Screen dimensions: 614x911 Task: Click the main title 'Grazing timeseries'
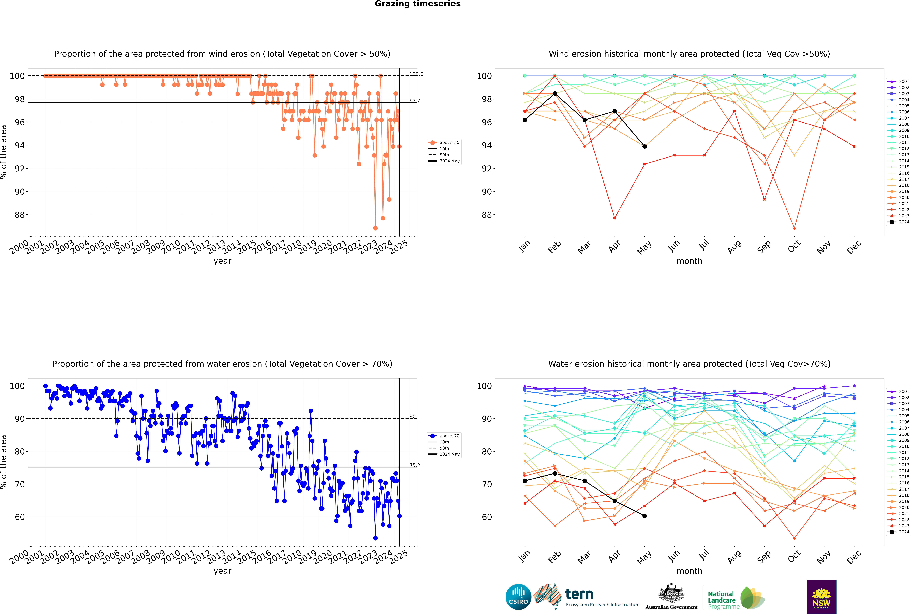click(x=418, y=4)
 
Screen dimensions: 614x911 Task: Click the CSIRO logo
click(x=518, y=597)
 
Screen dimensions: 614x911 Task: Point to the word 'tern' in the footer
click(x=579, y=594)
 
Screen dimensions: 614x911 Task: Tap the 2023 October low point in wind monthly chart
click(x=794, y=228)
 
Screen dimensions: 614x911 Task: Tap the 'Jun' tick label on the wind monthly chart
click(x=674, y=247)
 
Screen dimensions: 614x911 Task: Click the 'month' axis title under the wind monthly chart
click(x=689, y=261)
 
